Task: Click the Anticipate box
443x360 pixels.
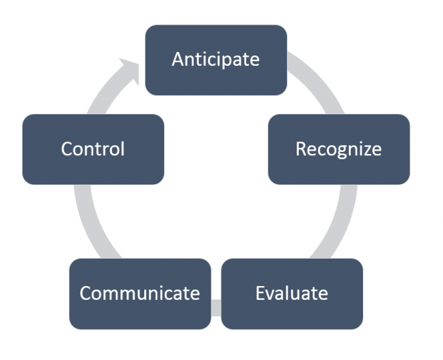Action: point(215,59)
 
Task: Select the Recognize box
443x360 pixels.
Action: point(338,149)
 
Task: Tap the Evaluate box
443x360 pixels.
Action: point(292,294)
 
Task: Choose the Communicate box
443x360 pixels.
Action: point(139,294)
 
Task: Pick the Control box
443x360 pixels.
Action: point(93,149)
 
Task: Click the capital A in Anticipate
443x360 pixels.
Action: point(178,60)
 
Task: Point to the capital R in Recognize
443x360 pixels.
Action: point(301,149)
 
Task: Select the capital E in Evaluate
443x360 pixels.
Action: point(260,294)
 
